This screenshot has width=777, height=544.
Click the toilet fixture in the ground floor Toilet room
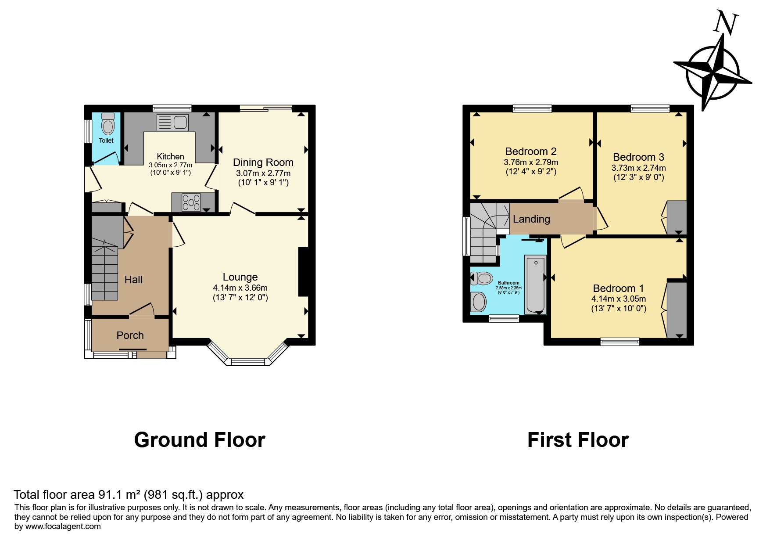point(107,124)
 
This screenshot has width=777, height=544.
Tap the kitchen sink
point(172,122)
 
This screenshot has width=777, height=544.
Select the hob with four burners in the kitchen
point(191,202)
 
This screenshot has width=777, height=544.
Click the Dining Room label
point(263,162)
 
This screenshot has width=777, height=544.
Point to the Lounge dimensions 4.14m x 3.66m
point(240,288)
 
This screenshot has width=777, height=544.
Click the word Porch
point(130,335)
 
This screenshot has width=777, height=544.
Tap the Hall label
point(133,280)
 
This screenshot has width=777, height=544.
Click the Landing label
point(531,219)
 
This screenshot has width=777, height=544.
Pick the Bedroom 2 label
point(531,151)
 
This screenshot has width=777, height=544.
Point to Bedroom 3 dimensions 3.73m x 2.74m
point(639,168)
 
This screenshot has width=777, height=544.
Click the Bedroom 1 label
point(619,288)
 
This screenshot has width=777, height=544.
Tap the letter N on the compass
point(726,23)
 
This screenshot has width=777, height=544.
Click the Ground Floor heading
point(200,440)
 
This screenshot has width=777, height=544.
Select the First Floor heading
point(578,440)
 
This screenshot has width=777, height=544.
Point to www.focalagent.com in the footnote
point(63,526)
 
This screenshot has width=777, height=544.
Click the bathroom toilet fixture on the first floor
point(481,278)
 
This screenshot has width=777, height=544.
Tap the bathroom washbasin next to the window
point(479,302)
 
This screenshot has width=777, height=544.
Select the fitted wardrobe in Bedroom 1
point(677,310)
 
